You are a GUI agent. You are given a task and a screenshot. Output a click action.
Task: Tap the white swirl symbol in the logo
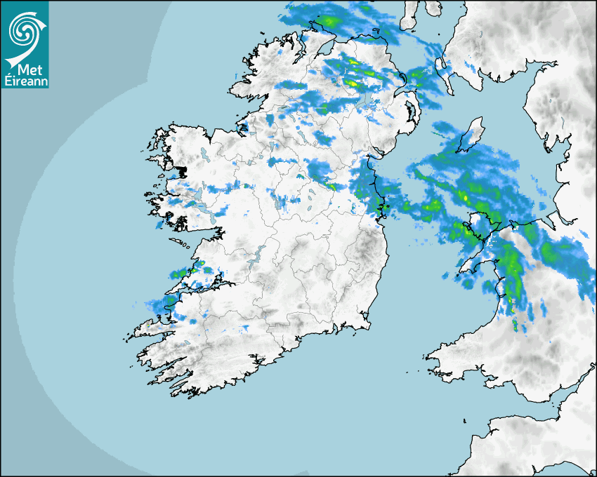(24, 32)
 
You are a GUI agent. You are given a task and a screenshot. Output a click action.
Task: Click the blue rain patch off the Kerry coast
(156, 304)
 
